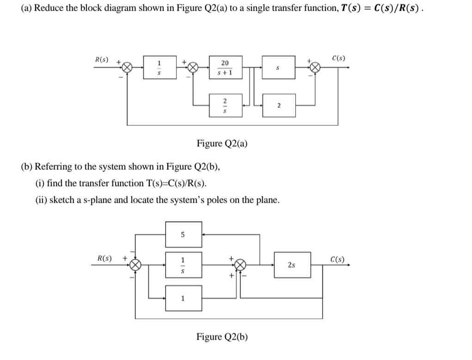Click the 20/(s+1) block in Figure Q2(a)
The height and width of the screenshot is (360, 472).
pyautogui.click(x=224, y=68)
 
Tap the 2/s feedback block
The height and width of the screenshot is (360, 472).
pyautogui.click(x=224, y=106)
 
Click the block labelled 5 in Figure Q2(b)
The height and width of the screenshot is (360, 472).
pyautogui.click(x=183, y=235)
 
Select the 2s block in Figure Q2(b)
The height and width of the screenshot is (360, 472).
pyautogui.click(x=291, y=265)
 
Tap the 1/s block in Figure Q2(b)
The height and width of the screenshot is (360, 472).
pyautogui.click(x=183, y=265)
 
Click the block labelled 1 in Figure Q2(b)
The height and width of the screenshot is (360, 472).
pyautogui.click(x=183, y=298)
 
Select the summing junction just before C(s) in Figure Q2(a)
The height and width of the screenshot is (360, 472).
pyautogui.click(x=315, y=68)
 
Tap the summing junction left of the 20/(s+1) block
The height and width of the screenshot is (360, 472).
pyautogui.click(x=193, y=68)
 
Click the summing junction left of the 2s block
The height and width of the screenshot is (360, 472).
pyautogui.click(x=240, y=265)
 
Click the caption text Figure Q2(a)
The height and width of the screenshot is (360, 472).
pyautogui.click(x=222, y=143)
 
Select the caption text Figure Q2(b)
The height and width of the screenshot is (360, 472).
pyautogui.click(x=222, y=336)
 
